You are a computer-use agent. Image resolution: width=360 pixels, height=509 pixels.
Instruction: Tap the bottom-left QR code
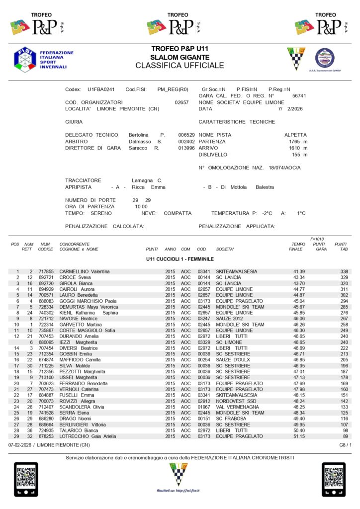(x=26, y=480)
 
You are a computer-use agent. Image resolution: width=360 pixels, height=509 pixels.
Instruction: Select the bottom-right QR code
(x=334, y=480)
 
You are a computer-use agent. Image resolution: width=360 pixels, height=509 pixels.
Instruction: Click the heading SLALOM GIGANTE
(x=180, y=57)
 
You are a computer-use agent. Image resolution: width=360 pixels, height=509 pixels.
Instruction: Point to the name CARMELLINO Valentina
(x=85, y=271)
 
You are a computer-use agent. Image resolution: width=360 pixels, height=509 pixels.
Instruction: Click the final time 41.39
(x=299, y=271)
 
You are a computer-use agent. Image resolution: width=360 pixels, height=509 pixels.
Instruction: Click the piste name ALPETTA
(x=295, y=135)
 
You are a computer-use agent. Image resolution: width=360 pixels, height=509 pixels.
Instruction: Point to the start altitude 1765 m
(x=298, y=142)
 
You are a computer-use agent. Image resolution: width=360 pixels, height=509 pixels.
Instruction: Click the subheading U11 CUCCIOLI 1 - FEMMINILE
(x=180, y=259)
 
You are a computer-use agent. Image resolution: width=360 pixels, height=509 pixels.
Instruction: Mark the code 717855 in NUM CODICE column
(x=46, y=271)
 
